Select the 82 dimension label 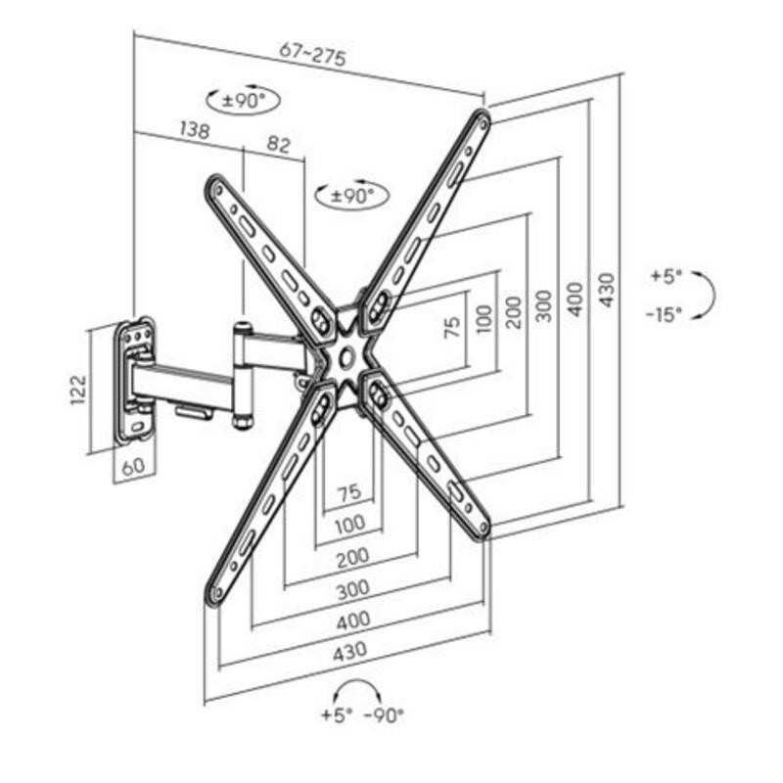pyautogui.click(x=278, y=144)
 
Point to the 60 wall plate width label pyautogui.click(x=134, y=466)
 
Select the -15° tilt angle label pyautogui.click(x=665, y=313)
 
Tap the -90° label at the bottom pyautogui.click(x=383, y=715)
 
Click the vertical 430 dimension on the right pyautogui.click(x=608, y=291)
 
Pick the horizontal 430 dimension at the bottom pyautogui.click(x=349, y=649)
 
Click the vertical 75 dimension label pyautogui.click(x=451, y=326)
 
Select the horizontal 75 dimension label pyautogui.click(x=349, y=494)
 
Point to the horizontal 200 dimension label pyautogui.click(x=349, y=557)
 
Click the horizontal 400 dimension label pyautogui.click(x=351, y=619)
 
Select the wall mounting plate pyautogui.click(x=135, y=380)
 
